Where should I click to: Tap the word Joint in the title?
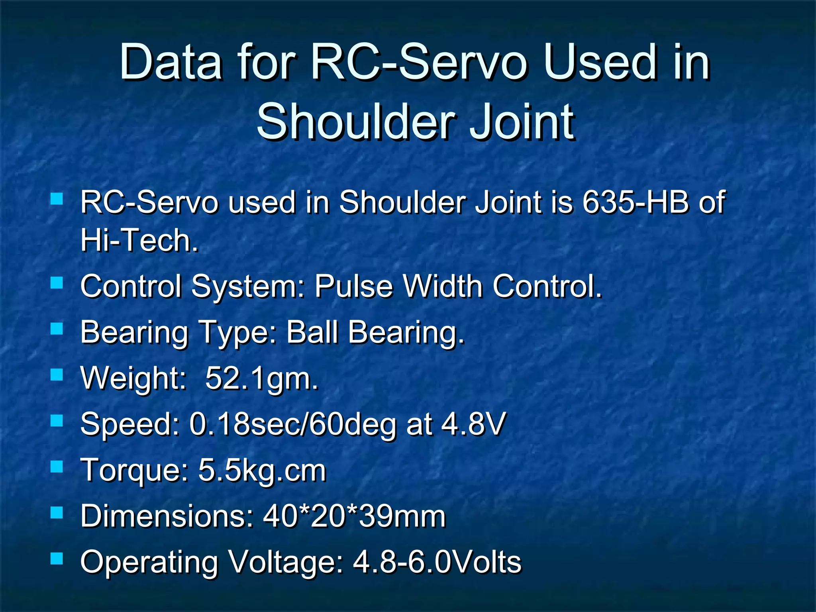click(522, 122)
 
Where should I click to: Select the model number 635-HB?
click(636, 202)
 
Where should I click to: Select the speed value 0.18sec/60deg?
click(293, 424)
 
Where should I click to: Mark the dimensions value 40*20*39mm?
click(354, 516)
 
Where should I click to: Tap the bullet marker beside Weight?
click(57, 375)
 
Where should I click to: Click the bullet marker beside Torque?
click(57, 467)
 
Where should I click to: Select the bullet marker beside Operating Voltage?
click(57, 559)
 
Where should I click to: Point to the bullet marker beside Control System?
click(57, 283)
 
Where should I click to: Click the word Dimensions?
click(167, 516)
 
